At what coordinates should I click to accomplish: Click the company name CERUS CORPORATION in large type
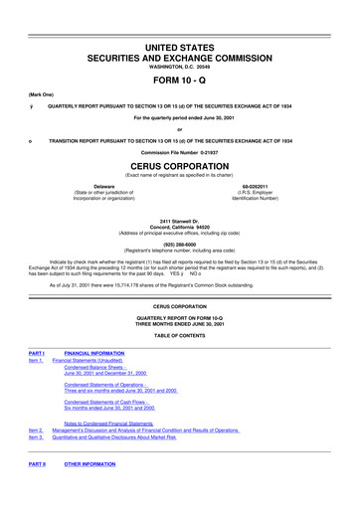click(x=180, y=166)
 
